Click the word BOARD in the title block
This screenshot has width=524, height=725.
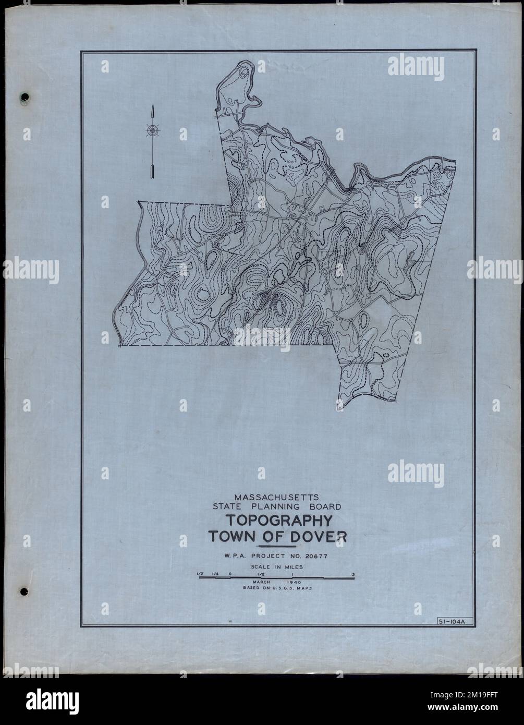click(x=323, y=506)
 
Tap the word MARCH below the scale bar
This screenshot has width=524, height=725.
click(x=263, y=582)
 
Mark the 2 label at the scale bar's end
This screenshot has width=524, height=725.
click(x=354, y=575)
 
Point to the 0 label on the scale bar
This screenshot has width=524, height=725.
click(x=230, y=575)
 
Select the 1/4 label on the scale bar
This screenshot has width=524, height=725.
click(x=215, y=575)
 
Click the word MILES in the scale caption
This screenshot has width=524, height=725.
click(x=293, y=566)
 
